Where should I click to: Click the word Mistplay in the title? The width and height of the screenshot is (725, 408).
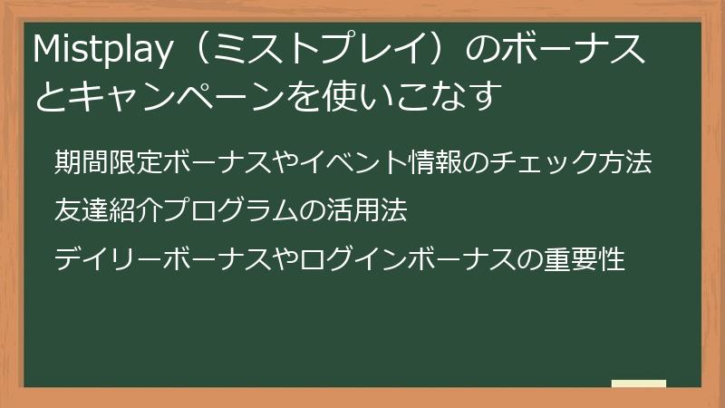(x=100, y=53)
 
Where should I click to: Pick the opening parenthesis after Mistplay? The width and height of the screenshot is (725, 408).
(x=192, y=53)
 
